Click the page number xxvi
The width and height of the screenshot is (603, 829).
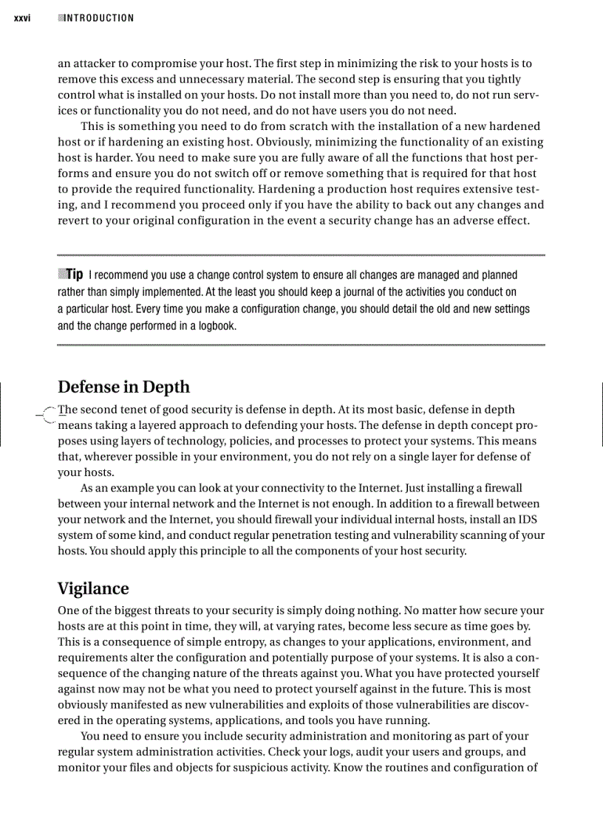pyautogui.click(x=21, y=18)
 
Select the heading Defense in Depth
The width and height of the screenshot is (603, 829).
pyautogui.click(x=123, y=388)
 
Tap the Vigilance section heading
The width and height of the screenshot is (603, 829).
pyautogui.click(x=93, y=588)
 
